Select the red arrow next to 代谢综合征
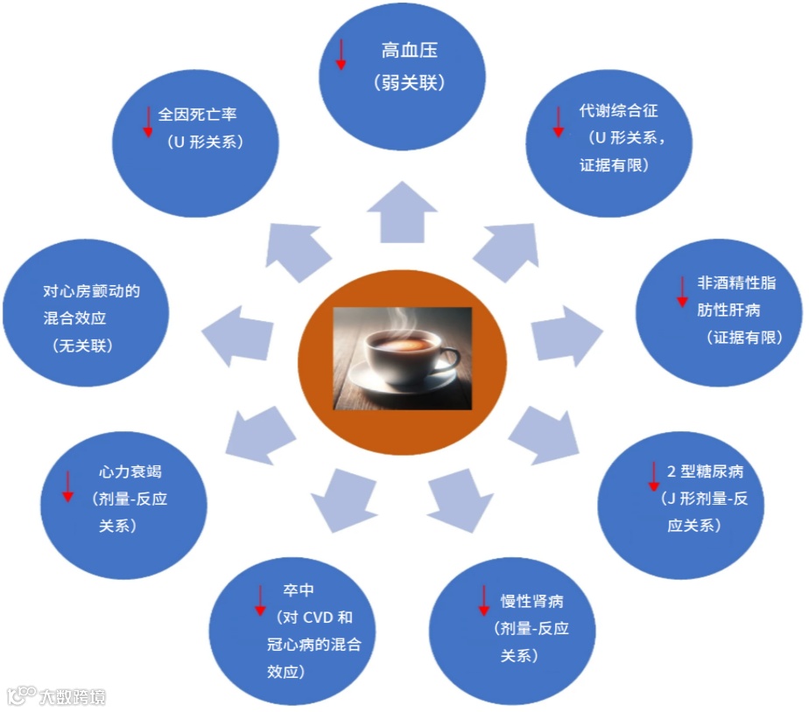[x=558, y=121]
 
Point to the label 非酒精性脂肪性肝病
[x=735, y=296]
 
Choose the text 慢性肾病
[x=531, y=602]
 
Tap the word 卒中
[x=298, y=590]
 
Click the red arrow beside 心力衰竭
[x=67, y=485]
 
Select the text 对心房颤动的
[x=91, y=291]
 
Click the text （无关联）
[x=84, y=346]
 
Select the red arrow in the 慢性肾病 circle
[x=482, y=599]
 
